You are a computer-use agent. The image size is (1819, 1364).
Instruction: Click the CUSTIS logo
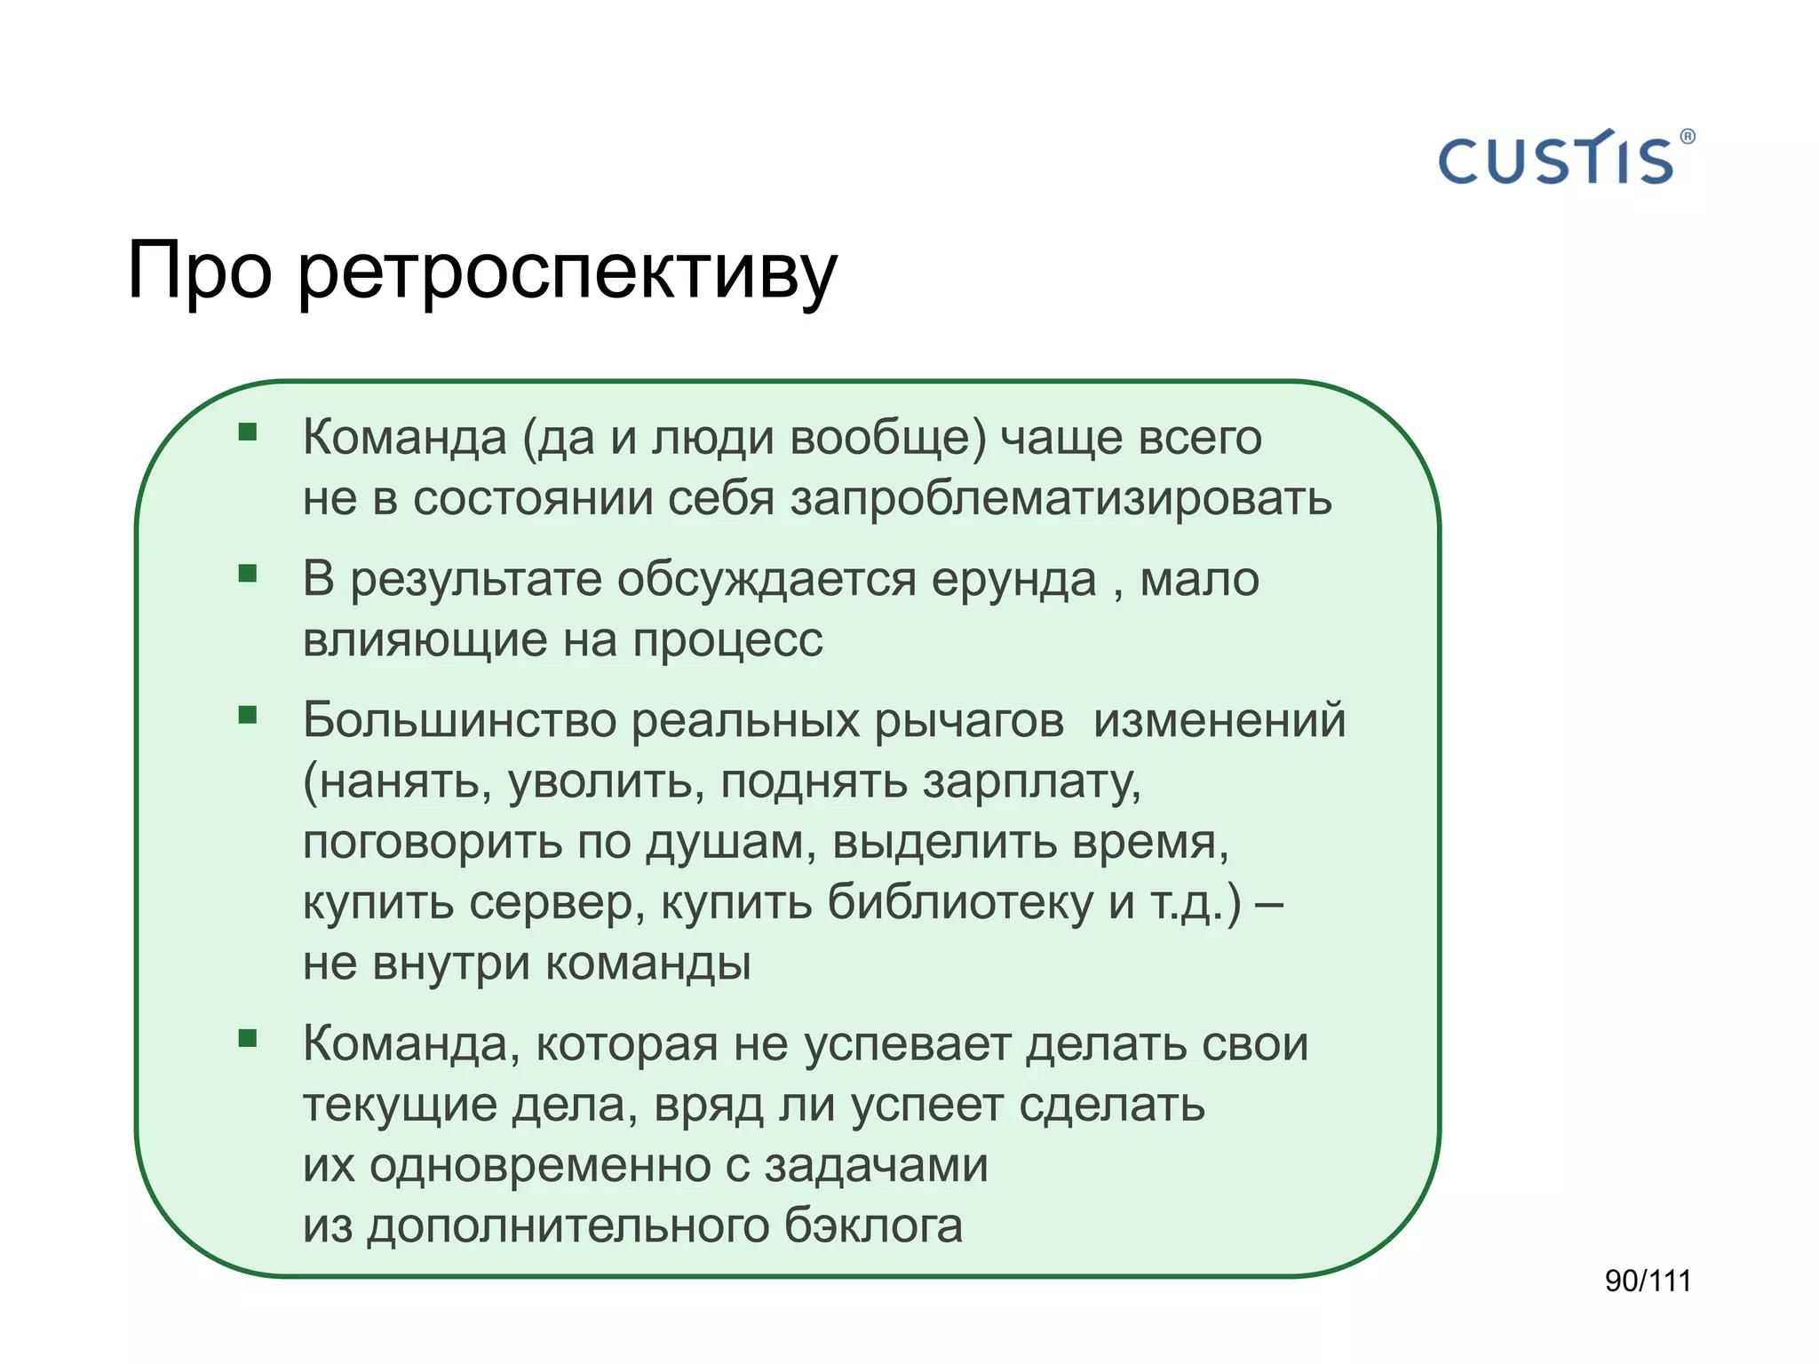pos(1556,160)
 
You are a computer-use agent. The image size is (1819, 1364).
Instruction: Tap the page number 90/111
pos(1648,1281)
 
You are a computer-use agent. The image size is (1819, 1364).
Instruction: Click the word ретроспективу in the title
pos(567,271)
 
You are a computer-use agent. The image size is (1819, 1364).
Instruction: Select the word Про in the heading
pos(199,271)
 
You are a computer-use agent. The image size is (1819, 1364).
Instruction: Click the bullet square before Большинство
pos(248,715)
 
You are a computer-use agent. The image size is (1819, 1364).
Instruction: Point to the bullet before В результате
pos(248,574)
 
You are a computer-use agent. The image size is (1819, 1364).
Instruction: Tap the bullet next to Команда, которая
pos(248,1038)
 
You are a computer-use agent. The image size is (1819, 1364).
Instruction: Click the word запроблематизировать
pos(1060,498)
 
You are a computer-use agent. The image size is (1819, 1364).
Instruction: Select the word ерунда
pos(1013,580)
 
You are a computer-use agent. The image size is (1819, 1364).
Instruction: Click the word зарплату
pos(1031,781)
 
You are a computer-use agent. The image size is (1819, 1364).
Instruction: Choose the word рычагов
pos(969,721)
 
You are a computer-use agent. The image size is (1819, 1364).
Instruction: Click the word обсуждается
pos(766,580)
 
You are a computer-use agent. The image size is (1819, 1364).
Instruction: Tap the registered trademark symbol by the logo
pos(1688,137)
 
